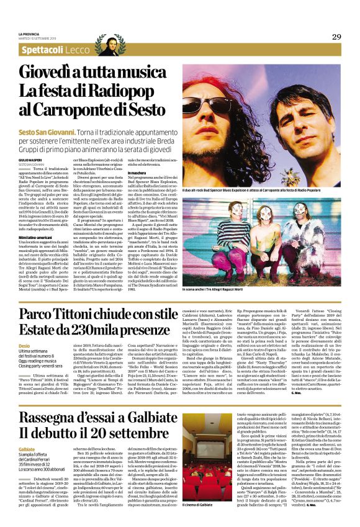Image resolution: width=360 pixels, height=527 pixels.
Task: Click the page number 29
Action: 336,36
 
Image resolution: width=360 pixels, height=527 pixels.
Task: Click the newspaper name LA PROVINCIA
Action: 29,34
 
